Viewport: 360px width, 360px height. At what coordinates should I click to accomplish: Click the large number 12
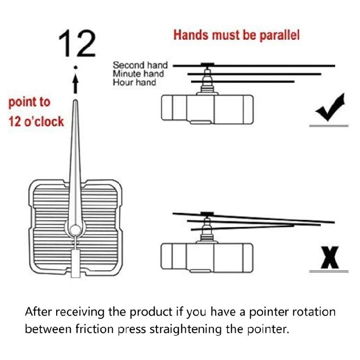(x=77, y=43)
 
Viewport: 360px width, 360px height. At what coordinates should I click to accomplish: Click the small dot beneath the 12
(x=75, y=67)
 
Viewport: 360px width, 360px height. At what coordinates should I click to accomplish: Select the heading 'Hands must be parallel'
(x=237, y=35)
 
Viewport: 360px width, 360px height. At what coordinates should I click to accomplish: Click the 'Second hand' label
(x=140, y=65)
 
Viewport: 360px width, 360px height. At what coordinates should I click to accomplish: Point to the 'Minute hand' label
(x=138, y=74)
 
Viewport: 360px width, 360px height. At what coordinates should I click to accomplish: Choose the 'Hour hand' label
(x=134, y=82)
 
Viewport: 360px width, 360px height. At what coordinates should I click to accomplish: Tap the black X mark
(x=330, y=257)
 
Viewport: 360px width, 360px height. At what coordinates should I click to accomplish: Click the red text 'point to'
(x=29, y=102)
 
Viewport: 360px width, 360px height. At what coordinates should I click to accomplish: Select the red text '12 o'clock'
(x=36, y=121)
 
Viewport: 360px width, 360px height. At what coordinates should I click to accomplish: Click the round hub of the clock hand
(x=75, y=229)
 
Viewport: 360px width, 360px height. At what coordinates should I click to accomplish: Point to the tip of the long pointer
(x=75, y=100)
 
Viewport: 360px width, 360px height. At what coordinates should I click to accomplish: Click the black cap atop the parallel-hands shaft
(x=207, y=64)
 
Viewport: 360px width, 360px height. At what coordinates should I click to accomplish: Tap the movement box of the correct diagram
(x=207, y=109)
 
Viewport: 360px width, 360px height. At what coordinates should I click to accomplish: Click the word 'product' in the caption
(x=151, y=312)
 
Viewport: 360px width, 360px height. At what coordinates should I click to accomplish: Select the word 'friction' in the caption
(x=95, y=329)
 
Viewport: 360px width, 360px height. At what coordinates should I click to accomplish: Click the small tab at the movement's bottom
(x=75, y=264)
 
